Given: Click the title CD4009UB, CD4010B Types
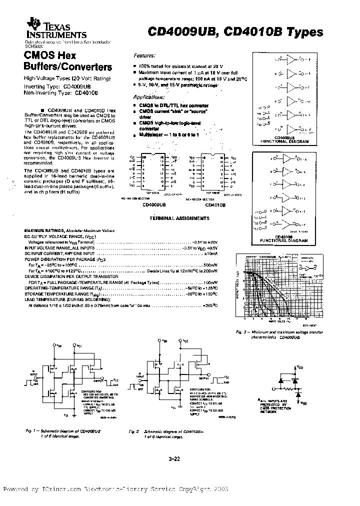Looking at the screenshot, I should point(235,32).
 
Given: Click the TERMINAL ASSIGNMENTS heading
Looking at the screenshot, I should point(180,218).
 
